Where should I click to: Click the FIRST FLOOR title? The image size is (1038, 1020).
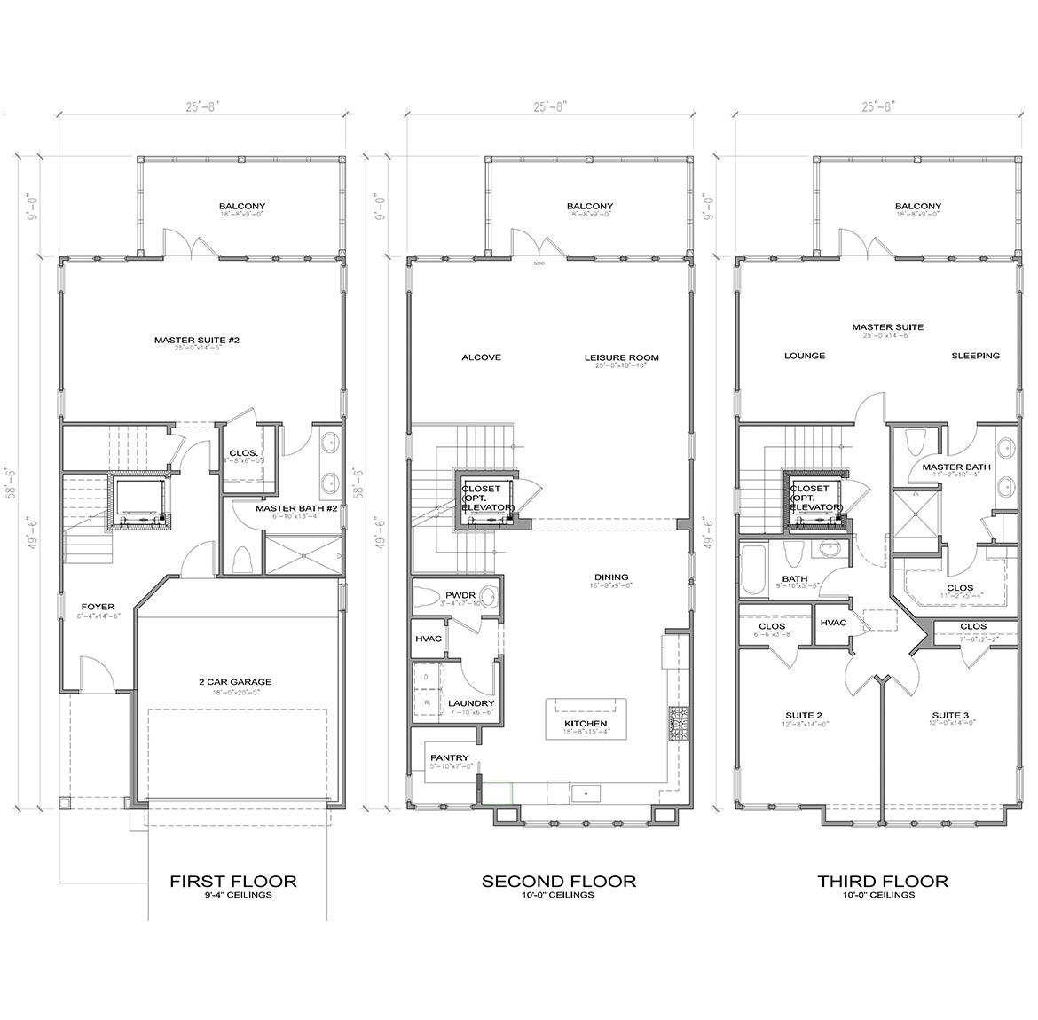pyautogui.click(x=233, y=881)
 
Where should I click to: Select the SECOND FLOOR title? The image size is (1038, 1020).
pyautogui.click(x=558, y=881)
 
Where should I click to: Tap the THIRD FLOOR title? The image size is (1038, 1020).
pyautogui.click(x=883, y=881)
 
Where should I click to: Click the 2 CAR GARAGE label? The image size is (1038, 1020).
pyautogui.click(x=234, y=682)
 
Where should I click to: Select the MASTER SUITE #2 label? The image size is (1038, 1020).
pyautogui.click(x=197, y=340)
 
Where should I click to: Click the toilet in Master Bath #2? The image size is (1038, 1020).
pyautogui.click(x=241, y=559)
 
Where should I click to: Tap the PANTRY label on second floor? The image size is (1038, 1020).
pyautogui.click(x=450, y=757)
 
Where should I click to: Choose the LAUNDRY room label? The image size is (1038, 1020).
pyautogui.click(x=471, y=703)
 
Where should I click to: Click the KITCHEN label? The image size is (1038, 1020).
pyautogui.click(x=586, y=724)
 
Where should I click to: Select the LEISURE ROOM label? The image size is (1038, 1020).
pyautogui.click(x=621, y=357)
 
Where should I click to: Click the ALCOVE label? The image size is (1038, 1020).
pyautogui.click(x=482, y=357)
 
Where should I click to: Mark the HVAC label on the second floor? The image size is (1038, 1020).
pyautogui.click(x=428, y=639)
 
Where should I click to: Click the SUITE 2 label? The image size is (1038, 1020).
pyautogui.click(x=805, y=715)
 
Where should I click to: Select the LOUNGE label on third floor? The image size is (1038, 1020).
pyautogui.click(x=805, y=356)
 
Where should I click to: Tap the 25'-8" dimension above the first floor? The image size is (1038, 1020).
pyautogui.click(x=201, y=106)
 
